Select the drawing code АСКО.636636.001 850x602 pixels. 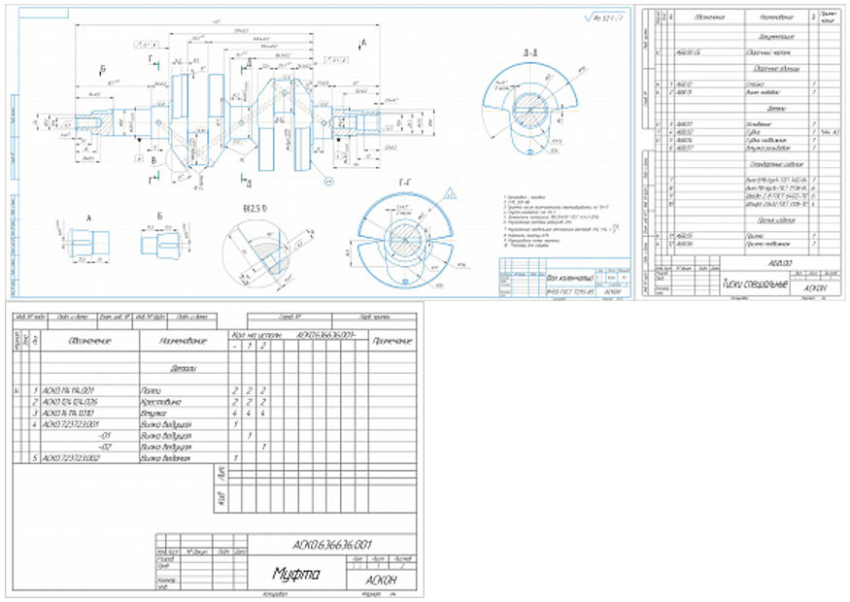[331, 545]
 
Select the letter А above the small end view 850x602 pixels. [86, 218]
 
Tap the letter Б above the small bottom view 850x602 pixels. [162, 218]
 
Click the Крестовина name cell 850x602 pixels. [161, 401]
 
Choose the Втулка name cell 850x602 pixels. [154, 413]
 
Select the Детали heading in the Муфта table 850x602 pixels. [183, 369]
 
